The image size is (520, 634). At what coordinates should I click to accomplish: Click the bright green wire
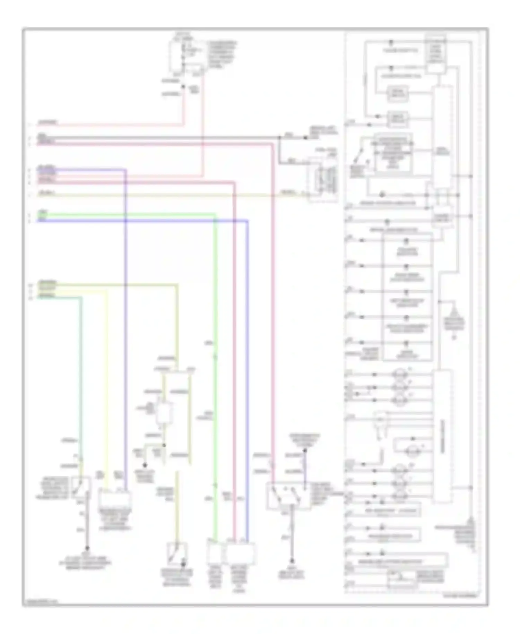pos(215,347)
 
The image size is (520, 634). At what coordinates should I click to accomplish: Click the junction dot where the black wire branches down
pos(279,138)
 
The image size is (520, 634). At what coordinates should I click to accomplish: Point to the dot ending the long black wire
pos(305,138)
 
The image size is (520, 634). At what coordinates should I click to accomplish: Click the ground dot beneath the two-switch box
pos(292,560)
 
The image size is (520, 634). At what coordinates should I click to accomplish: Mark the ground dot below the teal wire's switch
pos(87,548)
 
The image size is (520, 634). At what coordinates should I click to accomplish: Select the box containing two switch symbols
pos(288,496)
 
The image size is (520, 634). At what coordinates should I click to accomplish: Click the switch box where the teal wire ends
pos(81,487)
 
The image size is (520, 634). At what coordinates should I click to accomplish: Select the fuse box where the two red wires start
pos(187,57)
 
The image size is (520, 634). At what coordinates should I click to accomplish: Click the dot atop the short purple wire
pos(305,451)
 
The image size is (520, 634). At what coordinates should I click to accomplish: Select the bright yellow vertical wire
pos(106,382)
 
